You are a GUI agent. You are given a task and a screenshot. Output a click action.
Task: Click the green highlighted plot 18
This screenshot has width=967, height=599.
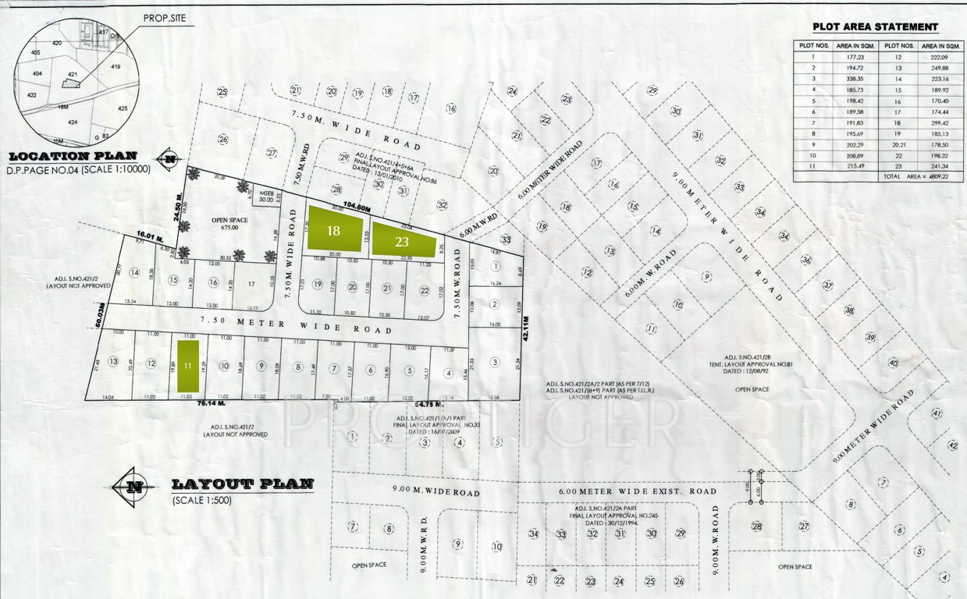[334, 230]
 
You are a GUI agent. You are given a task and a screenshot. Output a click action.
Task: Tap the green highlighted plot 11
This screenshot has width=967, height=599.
[187, 366]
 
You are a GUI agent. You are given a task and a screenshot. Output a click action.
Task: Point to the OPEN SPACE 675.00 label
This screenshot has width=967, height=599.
[229, 224]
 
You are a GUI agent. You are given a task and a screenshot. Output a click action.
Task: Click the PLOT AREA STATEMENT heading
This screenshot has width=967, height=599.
[875, 27]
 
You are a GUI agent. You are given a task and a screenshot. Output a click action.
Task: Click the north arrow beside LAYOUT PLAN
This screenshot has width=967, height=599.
[133, 487]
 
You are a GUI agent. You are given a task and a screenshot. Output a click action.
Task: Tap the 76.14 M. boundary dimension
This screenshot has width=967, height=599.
[211, 404]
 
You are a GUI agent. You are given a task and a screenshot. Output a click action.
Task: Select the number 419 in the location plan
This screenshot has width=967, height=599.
[116, 67]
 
